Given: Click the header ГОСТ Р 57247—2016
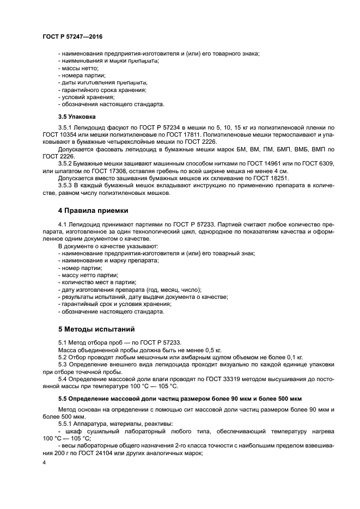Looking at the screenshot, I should click(x=72, y=36).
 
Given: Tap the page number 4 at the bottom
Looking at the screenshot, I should click(x=44, y=462).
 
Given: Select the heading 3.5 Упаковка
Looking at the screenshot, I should click(x=77, y=116).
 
